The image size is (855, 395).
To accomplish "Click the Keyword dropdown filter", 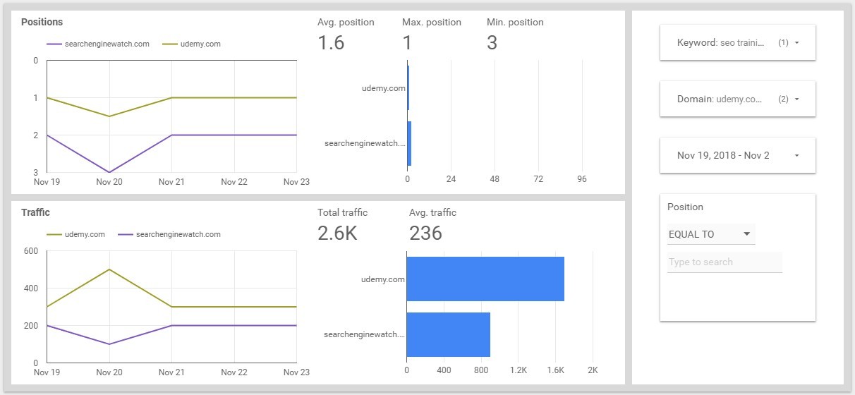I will click(737, 43).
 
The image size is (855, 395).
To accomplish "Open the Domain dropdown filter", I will click(737, 99).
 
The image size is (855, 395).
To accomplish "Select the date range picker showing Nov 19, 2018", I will click(737, 156).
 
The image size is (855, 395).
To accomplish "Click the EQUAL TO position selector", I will click(710, 234).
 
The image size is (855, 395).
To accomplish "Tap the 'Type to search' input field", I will click(724, 262).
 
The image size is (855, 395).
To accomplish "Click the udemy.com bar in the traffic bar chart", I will click(485, 279).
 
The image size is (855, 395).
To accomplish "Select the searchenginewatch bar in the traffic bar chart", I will click(449, 334).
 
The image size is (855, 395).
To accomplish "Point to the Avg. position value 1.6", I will click(331, 43).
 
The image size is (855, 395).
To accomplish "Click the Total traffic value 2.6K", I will click(337, 233).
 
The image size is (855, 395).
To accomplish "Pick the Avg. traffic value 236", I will click(425, 233).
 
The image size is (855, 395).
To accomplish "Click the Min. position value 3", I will click(492, 43).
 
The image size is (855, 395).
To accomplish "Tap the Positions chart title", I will click(41, 22).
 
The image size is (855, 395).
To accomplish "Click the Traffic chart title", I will click(35, 212).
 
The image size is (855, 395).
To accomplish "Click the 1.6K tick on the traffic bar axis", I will click(556, 370).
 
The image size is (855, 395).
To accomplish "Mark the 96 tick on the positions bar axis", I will click(582, 180).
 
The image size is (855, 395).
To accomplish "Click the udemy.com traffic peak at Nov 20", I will click(109, 269).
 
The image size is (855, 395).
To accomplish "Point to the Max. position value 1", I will click(407, 43).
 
